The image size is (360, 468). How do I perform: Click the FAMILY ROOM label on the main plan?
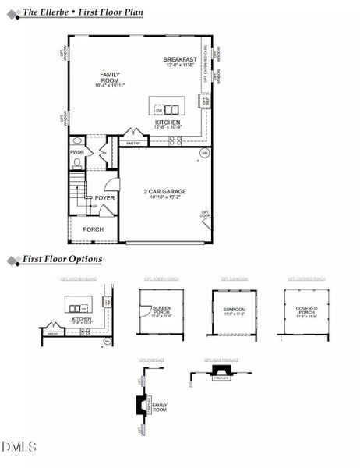pyautogui.click(x=110, y=77)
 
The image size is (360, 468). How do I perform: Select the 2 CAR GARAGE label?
pyautogui.click(x=163, y=191)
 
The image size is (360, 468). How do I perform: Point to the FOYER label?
pyautogui.click(x=104, y=198)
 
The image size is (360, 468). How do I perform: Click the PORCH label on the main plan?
pyautogui.click(x=94, y=229)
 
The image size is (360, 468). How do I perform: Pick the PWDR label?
pyautogui.click(x=76, y=152)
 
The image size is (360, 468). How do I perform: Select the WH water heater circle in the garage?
pyautogui.click(x=204, y=153)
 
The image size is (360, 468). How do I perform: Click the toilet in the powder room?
pyautogui.click(x=79, y=165)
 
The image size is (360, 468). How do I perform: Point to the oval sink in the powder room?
pyautogui.click(x=77, y=142)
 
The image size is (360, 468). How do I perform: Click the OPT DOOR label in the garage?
pyautogui.click(x=206, y=213)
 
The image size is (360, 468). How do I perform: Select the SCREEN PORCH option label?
pyautogui.click(x=162, y=308)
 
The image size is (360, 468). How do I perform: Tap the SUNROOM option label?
pyautogui.click(x=234, y=309)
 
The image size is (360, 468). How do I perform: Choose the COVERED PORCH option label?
pyautogui.click(x=306, y=310)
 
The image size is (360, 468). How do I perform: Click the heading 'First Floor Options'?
pyautogui.click(x=62, y=259)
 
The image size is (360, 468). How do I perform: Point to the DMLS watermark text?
pyautogui.click(x=19, y=447)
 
